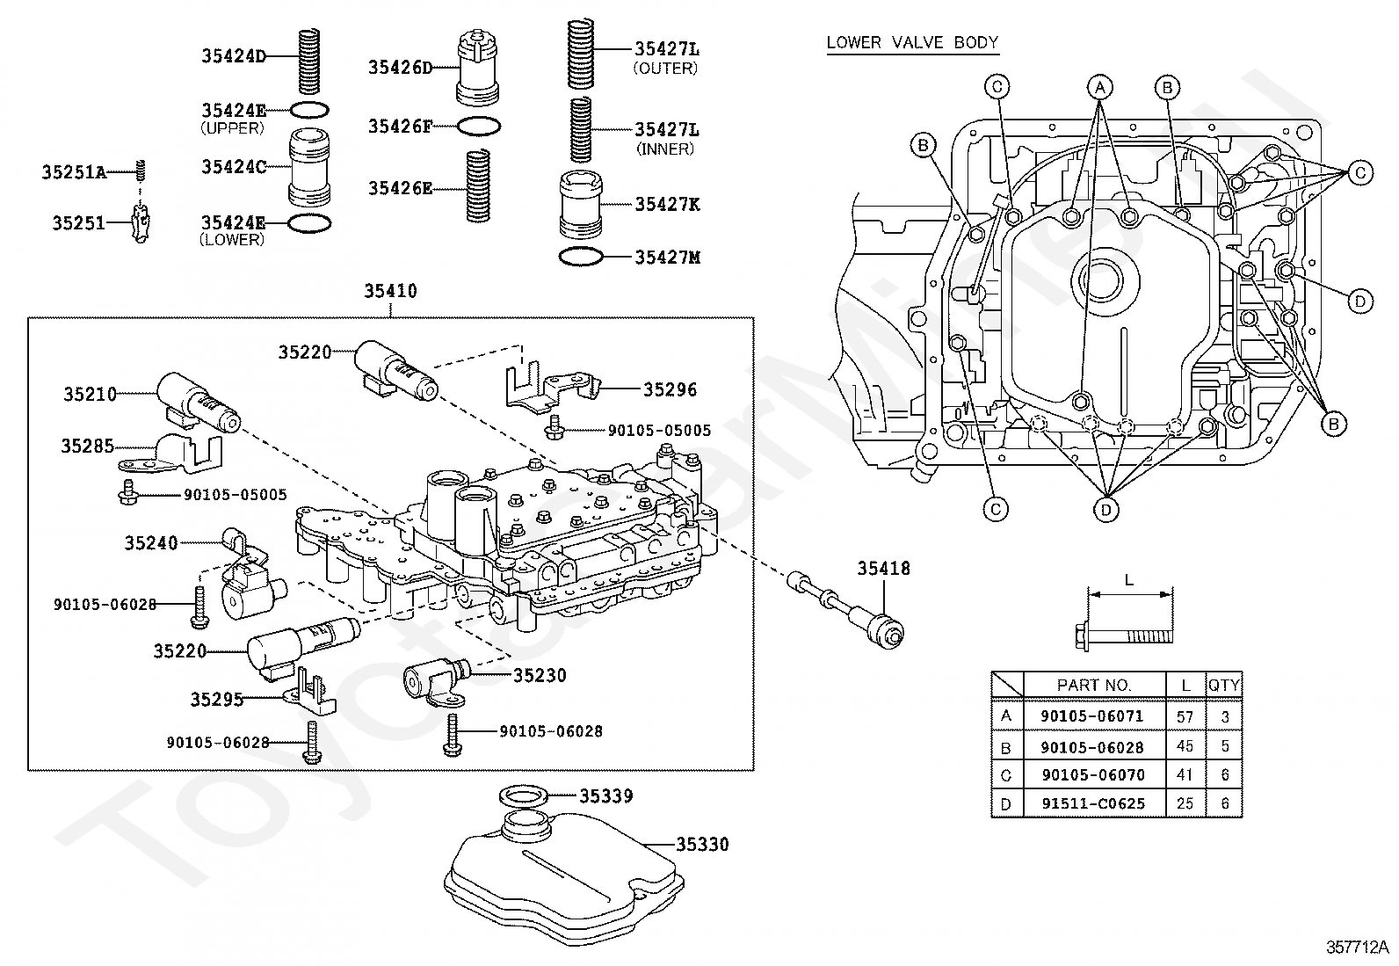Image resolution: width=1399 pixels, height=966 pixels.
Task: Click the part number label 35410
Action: tap(391, 291)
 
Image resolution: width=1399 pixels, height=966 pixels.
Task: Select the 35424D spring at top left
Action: tap(308, 61)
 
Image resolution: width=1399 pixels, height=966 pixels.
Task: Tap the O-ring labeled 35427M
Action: tap(581, 258)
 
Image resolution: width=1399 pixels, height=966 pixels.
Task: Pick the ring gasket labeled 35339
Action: tap(525, 796)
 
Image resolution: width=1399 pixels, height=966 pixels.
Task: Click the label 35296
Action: tap(670, 389)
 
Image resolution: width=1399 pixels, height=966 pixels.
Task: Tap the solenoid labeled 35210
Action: tap(197, 403)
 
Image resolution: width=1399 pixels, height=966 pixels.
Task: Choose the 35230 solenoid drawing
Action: tap(433, 680)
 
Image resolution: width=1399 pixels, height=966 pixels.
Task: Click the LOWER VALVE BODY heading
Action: tap(912, 42)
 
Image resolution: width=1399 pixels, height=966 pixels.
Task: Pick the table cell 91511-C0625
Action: tap(1092, 803)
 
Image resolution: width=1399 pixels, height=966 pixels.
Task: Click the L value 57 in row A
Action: tap(1185, 716)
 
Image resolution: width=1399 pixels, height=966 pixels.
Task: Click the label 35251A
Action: tap(74, 173)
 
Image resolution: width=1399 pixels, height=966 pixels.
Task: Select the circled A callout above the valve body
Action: tap(1098, 86)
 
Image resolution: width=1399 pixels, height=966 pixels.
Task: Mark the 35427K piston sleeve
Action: tap(581, 204)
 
